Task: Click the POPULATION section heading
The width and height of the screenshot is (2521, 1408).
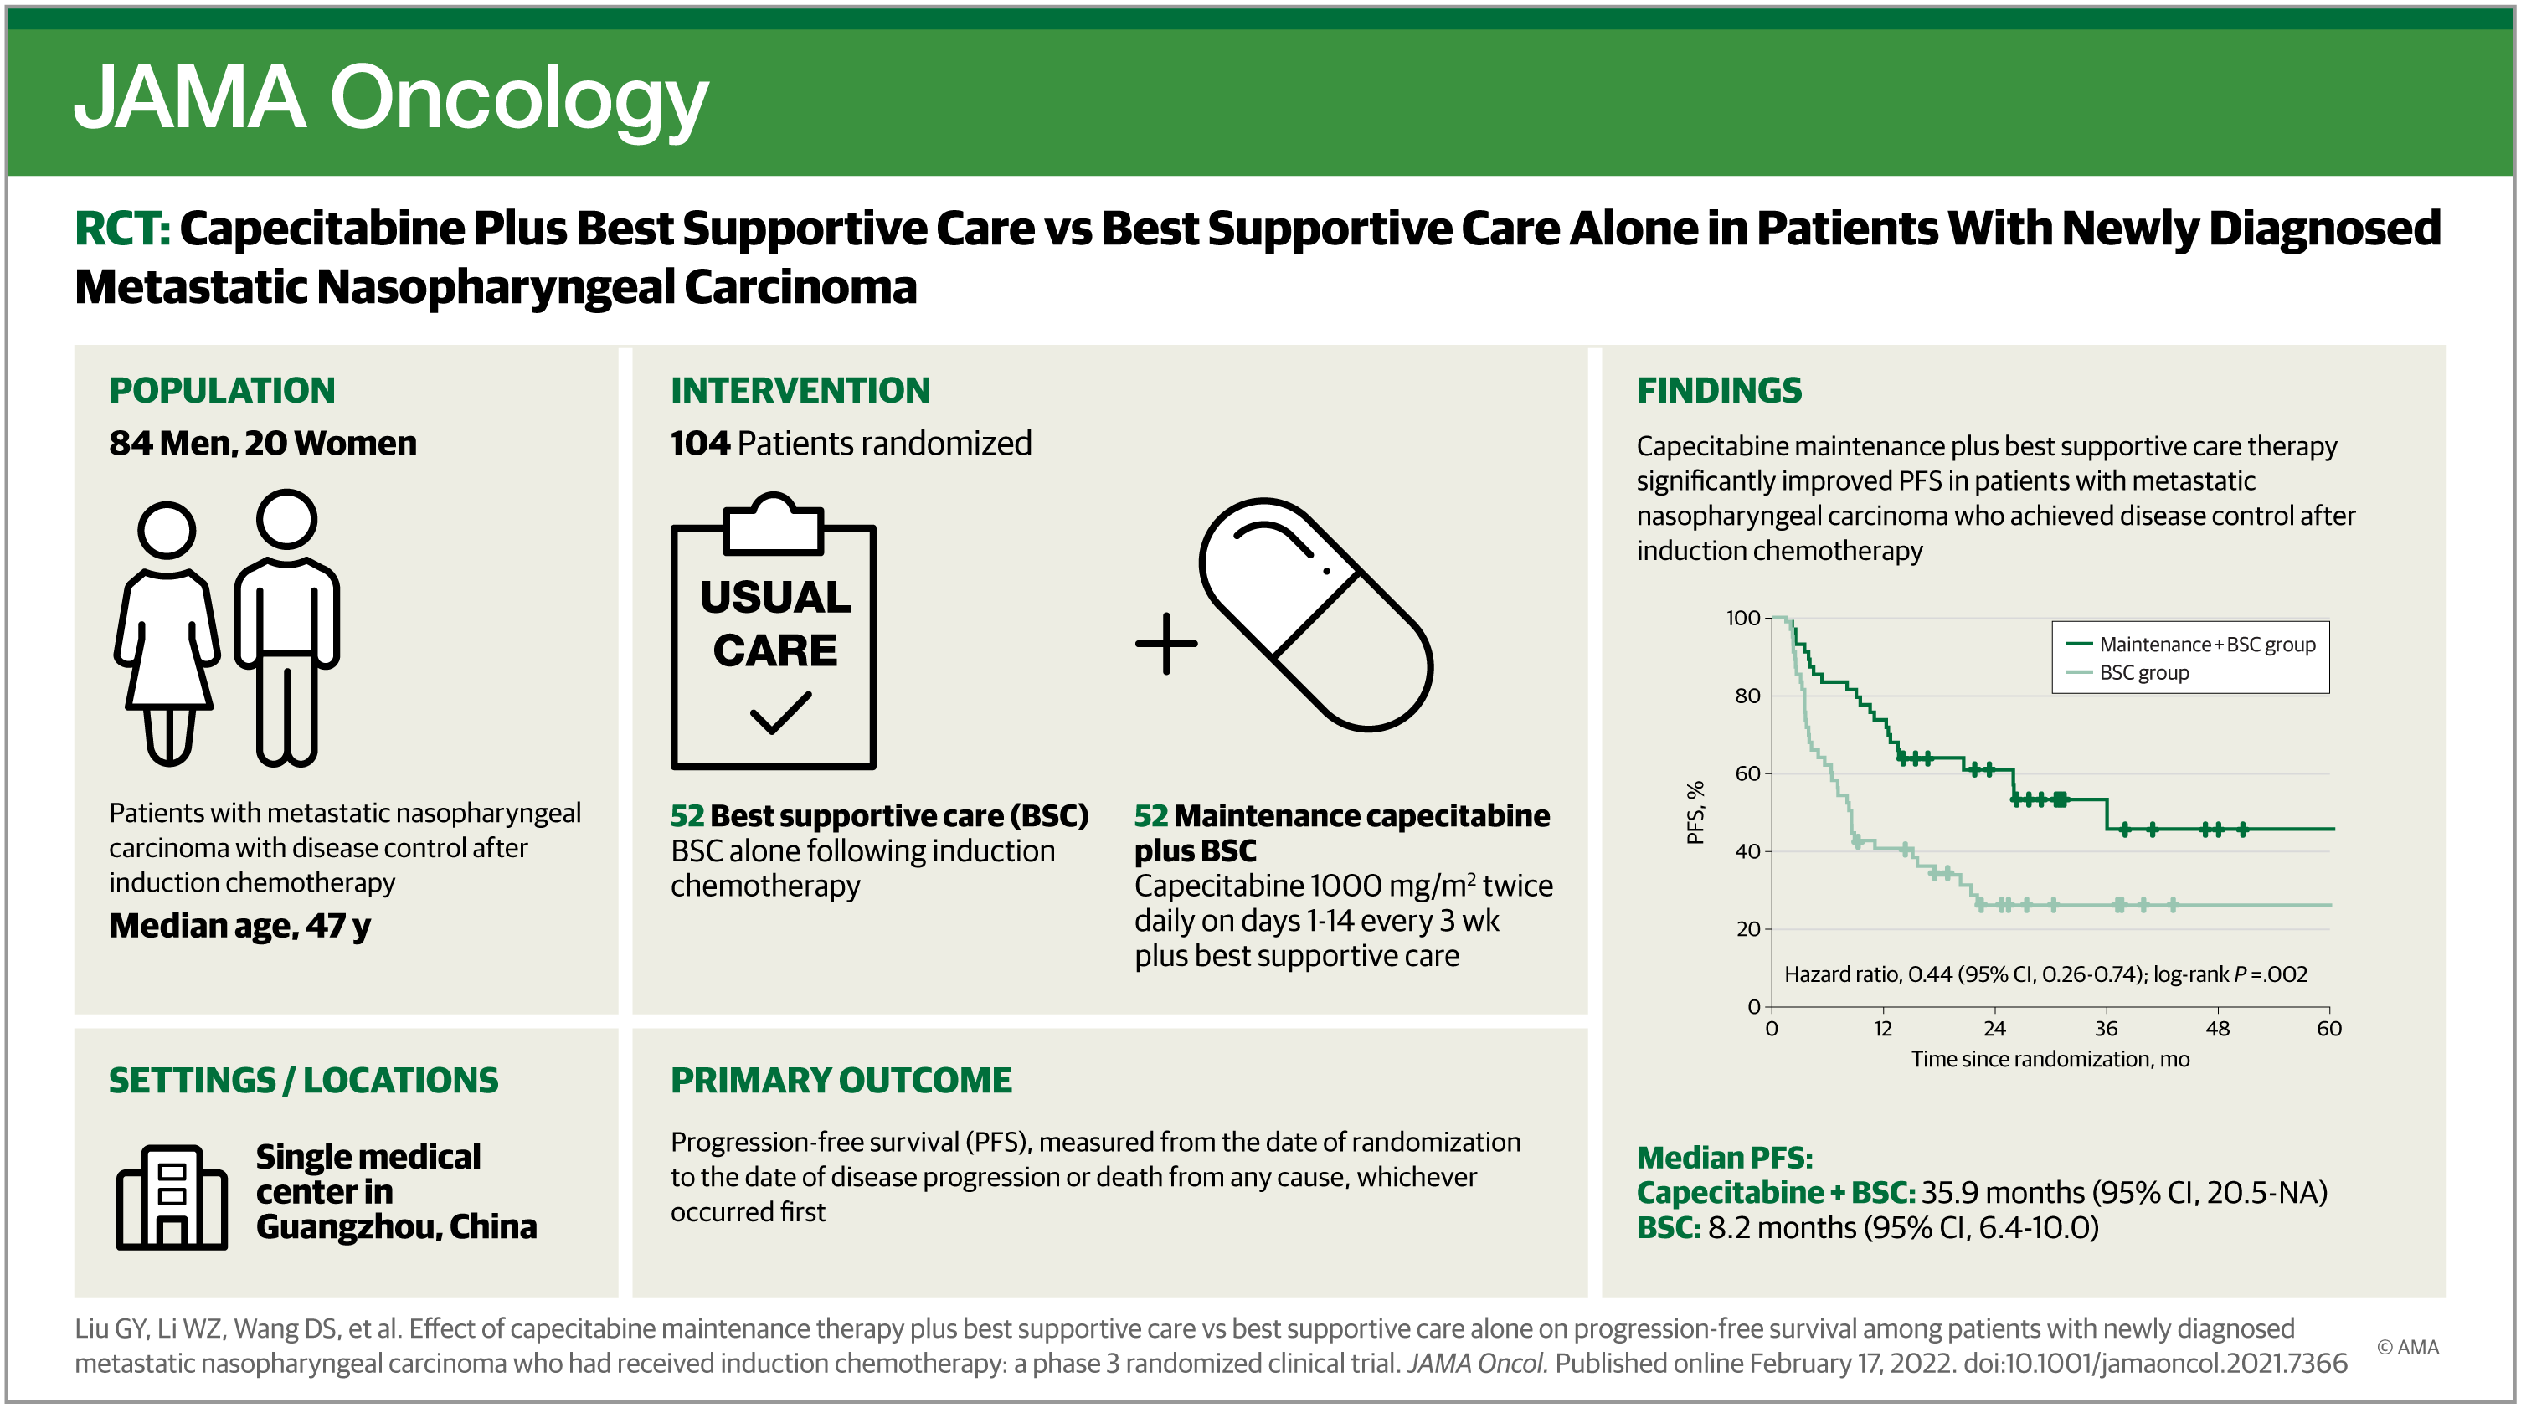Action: point(222,390)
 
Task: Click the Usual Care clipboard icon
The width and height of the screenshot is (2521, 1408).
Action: point(773,632)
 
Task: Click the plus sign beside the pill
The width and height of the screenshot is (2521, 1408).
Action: point(1165,644)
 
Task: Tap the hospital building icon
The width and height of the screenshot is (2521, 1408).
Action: point(172,1197)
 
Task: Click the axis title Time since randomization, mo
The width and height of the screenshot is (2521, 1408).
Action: point(2050,1060)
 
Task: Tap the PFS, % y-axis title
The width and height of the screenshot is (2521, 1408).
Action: point(1695,812)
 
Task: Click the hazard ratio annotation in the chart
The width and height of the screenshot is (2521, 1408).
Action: point(2045,974)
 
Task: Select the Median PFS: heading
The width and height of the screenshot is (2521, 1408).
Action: point(1725,1158)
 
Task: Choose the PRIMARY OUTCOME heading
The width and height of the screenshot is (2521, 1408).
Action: point(841,1080)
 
